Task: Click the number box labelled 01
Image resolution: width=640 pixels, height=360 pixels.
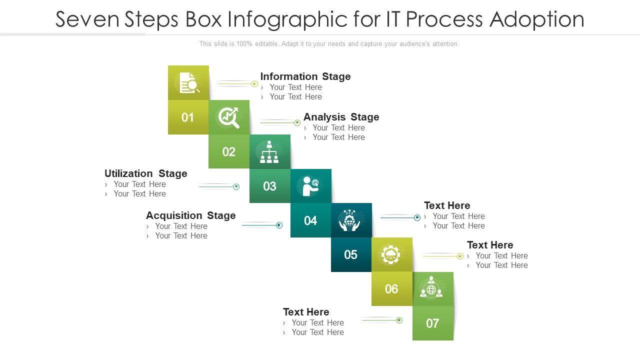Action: point(188,117)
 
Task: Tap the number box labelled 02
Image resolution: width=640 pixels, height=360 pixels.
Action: point(229,151)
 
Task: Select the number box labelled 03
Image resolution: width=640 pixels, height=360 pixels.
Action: point(270,186)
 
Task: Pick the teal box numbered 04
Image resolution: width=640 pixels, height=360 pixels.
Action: point(310,220)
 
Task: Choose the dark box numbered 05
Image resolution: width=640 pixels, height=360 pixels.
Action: point(351,255)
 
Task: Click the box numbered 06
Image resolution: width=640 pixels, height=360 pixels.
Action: point(391,289)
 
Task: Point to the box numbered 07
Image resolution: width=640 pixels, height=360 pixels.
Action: point(432,323)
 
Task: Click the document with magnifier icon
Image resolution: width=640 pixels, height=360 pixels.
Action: point(189,83)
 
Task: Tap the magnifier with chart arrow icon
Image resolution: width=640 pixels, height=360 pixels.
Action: point(228,117)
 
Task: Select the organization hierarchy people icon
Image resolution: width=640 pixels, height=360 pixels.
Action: point(269,152)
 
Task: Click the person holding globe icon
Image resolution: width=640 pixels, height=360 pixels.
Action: point(310,186)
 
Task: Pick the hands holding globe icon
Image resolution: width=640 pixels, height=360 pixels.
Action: point(351,220)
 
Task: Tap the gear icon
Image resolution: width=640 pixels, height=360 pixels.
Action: point(391,255)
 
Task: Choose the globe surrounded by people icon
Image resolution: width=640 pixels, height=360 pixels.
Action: point(431,289)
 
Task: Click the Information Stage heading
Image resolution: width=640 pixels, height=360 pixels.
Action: point(305,76)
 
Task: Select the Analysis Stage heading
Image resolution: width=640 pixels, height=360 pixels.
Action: point(341,117)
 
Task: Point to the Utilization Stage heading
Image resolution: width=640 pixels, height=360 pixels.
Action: point(145,173)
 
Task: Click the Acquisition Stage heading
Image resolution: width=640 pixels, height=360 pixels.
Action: point(190,215)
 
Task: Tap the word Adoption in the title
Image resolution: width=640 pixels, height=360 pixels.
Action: point(536,19)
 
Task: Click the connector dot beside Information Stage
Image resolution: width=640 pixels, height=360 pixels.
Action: point(254,83)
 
